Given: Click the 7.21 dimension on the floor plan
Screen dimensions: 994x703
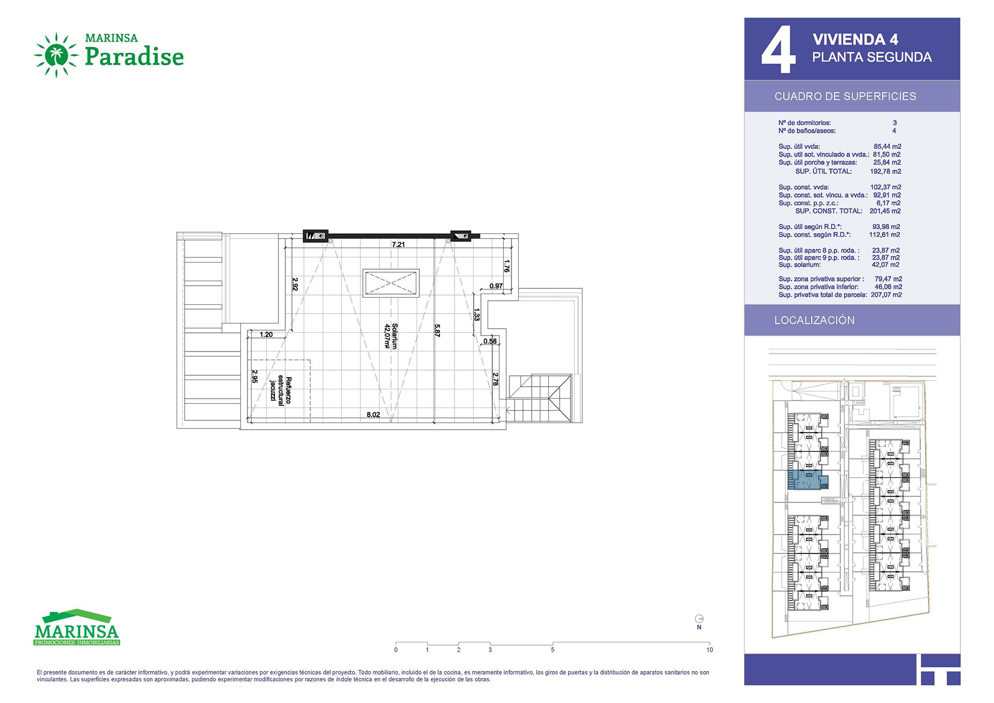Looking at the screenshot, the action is pyautogui.click(x=398, y=244).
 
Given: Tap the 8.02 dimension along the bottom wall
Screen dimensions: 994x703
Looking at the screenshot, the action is pyautogui.click(x=373, y=415).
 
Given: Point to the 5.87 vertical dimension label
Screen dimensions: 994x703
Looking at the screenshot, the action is pyautogui.click(x=437, y=331).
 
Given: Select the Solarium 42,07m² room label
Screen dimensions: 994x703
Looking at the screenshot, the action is pyautogui.click(x=391, y=336).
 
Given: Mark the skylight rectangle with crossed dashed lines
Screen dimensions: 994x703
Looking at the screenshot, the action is pyautogui.click(x=391, y=283).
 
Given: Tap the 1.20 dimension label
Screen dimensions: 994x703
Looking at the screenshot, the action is pyautogui.click(x=266, y=334).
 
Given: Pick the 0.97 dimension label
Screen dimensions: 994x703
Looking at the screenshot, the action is pyautogui.click(x=496, y=286).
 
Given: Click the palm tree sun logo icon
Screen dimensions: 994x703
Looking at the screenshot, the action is pyautogui.click(x=56, y=55).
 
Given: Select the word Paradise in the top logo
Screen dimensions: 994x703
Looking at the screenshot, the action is pyautogui.click(x=134, y=56).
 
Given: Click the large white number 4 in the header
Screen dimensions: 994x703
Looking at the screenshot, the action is pyautogui.click(x=778, y=50).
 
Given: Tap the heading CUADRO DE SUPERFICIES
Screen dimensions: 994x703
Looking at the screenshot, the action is pyautogui.click(x=845, y=96).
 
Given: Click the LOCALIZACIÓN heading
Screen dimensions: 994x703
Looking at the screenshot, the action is pyautogui.click(x=814, y=320).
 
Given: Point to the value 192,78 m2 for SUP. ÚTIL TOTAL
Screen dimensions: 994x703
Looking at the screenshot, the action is pyautogui.click(x=885, y=171).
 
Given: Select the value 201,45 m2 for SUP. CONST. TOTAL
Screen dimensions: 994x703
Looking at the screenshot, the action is pyautogui.click(x=885, y=211).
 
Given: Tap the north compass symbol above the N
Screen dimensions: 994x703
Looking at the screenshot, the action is pyautogui.click(x=699, y=619).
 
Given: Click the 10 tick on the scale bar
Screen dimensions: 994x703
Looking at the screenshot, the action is pyautogui.click(x=709, y=650).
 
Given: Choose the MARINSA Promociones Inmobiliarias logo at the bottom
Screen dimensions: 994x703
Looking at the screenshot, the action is pyautogui.click(x=77, y=627).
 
